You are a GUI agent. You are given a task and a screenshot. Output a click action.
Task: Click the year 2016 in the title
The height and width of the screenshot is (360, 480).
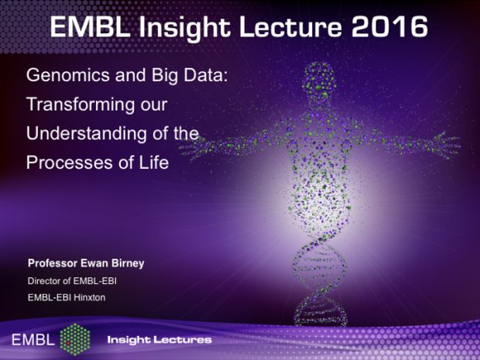pyautogui.click(x=389, y=26)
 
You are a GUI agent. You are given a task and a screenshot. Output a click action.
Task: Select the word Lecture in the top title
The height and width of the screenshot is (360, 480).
pyautogui.click(x=290, y=27)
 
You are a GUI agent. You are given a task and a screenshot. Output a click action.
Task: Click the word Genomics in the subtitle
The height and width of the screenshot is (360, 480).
pyautogui.click(x=68, y=76)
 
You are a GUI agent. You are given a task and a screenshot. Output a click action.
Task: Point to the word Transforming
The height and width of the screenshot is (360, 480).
pyautogui.click(x=81, y=105)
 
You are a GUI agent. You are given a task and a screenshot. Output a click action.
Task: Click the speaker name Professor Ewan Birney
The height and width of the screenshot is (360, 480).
pyautogui.click(x=86, y=263)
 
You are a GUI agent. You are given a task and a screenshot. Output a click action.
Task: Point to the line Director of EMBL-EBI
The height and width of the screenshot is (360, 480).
pyautogui.click(x=72, y=281)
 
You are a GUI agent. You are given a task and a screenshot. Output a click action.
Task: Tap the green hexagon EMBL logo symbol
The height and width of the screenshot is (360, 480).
pyautogui.click(x=75, y=339)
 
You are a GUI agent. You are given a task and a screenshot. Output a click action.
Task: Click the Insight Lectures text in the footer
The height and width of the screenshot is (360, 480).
pyautogui.click(x=159, y=340)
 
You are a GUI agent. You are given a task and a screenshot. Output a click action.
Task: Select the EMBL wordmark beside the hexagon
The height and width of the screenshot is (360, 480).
pyautogui.click(x=33, y=340)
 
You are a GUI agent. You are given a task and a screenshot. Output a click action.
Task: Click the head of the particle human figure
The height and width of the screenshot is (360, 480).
pyautogui.click(x=319, y=81)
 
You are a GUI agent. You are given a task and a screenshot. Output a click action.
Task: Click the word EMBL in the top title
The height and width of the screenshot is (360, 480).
pyautogui.click(x=90, y=27)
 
